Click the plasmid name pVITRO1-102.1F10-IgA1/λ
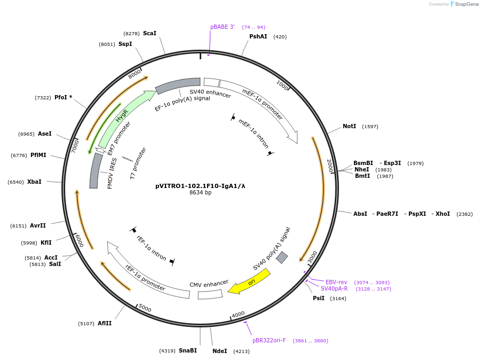point(200,186)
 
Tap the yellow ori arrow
point(249,281)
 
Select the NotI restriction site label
point(349,127)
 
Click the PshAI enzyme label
point(258,37)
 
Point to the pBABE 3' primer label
point(222,27)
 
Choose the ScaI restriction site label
point(149,33)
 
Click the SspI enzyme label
point(125,44)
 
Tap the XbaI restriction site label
point(34,182)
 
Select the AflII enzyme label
point(105,323)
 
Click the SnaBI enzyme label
point(187,350)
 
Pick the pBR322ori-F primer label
point(269,340)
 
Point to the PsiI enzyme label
point(318,298)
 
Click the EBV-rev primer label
point(336,282)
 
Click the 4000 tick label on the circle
point(238,314)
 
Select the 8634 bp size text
point(200,193)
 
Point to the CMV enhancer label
point(209,283)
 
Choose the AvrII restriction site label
point(37,225)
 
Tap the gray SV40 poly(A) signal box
point(282,257)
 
